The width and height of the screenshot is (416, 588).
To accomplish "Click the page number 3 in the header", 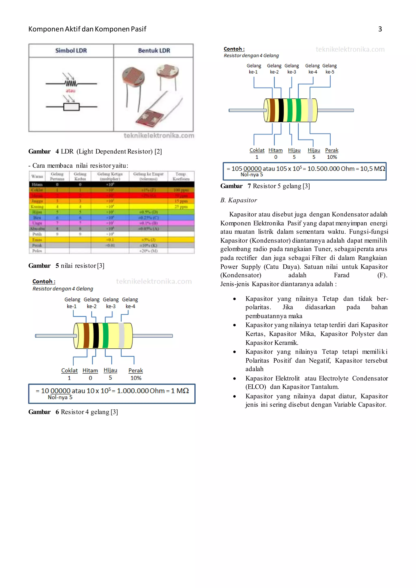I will (x=380, y=29).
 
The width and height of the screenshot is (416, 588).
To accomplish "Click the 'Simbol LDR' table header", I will (x=71, y=50).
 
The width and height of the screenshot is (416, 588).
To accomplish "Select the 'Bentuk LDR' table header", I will (x=154, y=50).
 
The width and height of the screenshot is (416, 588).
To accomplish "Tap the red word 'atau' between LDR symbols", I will (x=70, y=91).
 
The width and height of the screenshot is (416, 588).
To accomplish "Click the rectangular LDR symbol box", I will (x=71, y=107).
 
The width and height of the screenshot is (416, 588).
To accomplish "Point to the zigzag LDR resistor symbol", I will (x=71, y=83).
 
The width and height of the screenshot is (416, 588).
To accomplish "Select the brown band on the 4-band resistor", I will (x=86, y=335).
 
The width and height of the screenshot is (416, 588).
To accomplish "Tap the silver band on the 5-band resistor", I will (x=310, y=110).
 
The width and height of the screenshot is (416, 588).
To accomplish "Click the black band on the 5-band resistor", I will (x=281, y=110).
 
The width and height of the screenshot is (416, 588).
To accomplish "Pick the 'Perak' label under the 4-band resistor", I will (x=135, y=371).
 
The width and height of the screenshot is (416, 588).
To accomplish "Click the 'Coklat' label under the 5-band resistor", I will (x=257, y=150).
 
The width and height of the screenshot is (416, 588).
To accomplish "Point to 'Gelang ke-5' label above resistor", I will (x=330, y=69).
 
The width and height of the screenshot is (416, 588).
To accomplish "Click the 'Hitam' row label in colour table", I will (x=37, y=184).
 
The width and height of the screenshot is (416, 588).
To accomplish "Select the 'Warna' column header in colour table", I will (x=37, y=176).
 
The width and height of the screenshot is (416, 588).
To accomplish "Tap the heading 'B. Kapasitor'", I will (x=238, y=200).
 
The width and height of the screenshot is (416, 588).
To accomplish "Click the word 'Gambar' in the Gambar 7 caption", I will (x=231, y=186).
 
